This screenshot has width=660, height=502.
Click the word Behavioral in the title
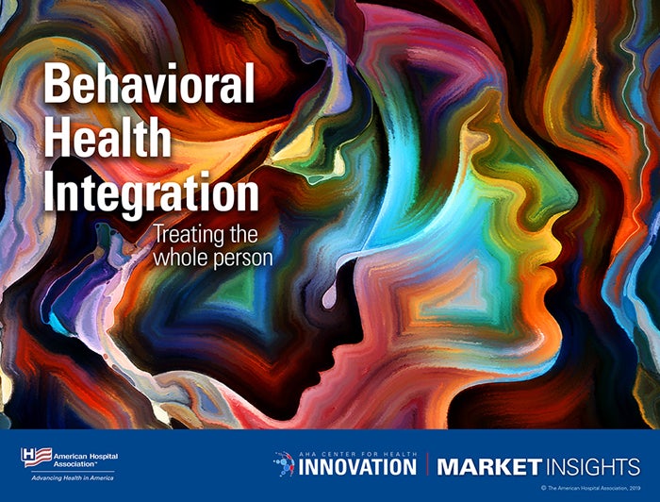coord(149,86)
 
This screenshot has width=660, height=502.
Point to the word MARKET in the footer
coord(488,467)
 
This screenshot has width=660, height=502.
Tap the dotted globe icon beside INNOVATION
coord(284,463)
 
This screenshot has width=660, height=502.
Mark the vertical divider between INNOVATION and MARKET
coord(427,464)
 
